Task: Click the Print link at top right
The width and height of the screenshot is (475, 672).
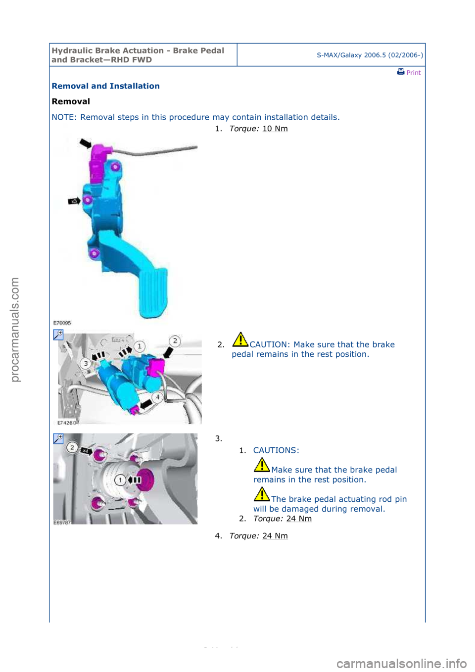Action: point(409,72)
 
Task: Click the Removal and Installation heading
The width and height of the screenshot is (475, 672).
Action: point(105,86)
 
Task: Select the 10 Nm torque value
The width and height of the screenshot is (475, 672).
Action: point(275,129)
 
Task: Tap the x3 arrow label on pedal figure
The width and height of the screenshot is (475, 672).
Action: point(74,201)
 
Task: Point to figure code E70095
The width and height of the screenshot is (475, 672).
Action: point(62,323)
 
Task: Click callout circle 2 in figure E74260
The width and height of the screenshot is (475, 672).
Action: point(175,341)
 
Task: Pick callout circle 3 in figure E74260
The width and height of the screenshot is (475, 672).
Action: point(86,364)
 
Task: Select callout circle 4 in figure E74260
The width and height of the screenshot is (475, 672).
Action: point(158,397)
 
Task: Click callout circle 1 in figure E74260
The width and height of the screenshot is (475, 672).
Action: point(140,346)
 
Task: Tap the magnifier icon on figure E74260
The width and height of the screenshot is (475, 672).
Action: point(58,335)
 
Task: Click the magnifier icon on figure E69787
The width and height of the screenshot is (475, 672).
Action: point(58,439)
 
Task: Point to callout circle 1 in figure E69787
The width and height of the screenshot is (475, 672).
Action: point(120,480)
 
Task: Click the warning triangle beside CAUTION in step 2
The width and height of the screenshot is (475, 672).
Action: point(240,339)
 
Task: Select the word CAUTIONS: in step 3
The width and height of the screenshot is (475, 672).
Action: point(276,450)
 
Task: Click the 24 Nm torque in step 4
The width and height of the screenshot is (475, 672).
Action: point(275,536)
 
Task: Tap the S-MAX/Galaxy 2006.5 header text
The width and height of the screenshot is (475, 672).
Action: point(370,55)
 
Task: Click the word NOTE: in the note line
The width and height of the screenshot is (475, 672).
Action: point(64,117)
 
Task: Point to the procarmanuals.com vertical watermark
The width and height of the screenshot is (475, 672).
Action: point(15,330)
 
